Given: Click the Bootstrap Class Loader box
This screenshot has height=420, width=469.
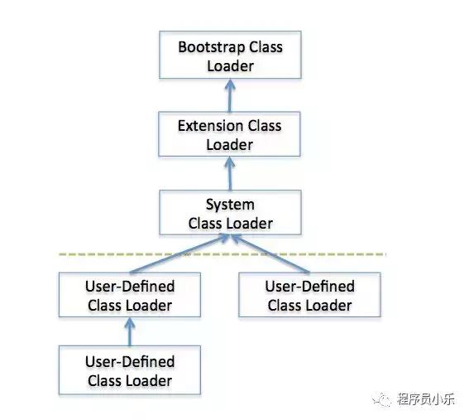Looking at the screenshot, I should [x=231, y=56].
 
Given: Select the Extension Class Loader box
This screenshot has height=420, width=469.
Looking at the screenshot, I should [x=231, y=135].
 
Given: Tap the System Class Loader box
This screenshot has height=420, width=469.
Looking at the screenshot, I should [x=231, y=214].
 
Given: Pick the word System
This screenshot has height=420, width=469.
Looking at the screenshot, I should [x=230, y=205].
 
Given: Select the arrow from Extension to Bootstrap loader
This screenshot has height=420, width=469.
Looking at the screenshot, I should [x=231, y=94].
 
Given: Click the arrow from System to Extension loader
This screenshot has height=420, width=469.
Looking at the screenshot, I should [x=231, y=173].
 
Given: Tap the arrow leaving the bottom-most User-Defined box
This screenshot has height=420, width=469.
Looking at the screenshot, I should [x=130, y=331].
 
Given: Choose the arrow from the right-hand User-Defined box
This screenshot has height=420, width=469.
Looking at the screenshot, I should [x=272, y=255].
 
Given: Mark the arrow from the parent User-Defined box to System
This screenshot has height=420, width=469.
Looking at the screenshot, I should [x=182, y=256].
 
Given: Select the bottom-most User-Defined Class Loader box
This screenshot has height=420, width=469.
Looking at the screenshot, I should [x=130, y=371].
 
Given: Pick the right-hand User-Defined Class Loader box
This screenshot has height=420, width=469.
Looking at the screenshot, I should [x=309, y=296].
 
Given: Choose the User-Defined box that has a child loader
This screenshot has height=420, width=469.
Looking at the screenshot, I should [x=130, y=296].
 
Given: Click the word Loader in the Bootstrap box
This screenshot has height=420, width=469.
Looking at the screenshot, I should [x=231, y=65].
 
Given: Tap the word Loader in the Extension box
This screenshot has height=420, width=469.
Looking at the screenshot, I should [x=231, y=145].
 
